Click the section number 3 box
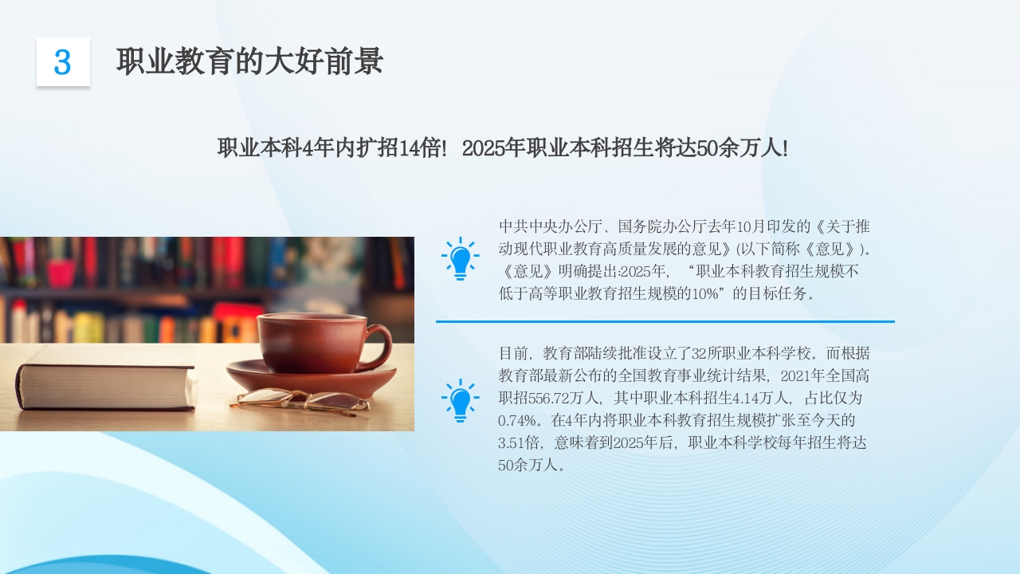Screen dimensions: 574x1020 click(x=63, y=62)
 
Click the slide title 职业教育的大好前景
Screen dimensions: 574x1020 click(x=249, y=61)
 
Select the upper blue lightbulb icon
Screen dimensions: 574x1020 click(x=460, y=258)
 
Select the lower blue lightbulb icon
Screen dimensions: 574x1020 click(x=460, y=399)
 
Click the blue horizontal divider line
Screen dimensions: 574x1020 click(x=665, y=321)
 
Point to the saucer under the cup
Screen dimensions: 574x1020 click(x=311, y=378)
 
